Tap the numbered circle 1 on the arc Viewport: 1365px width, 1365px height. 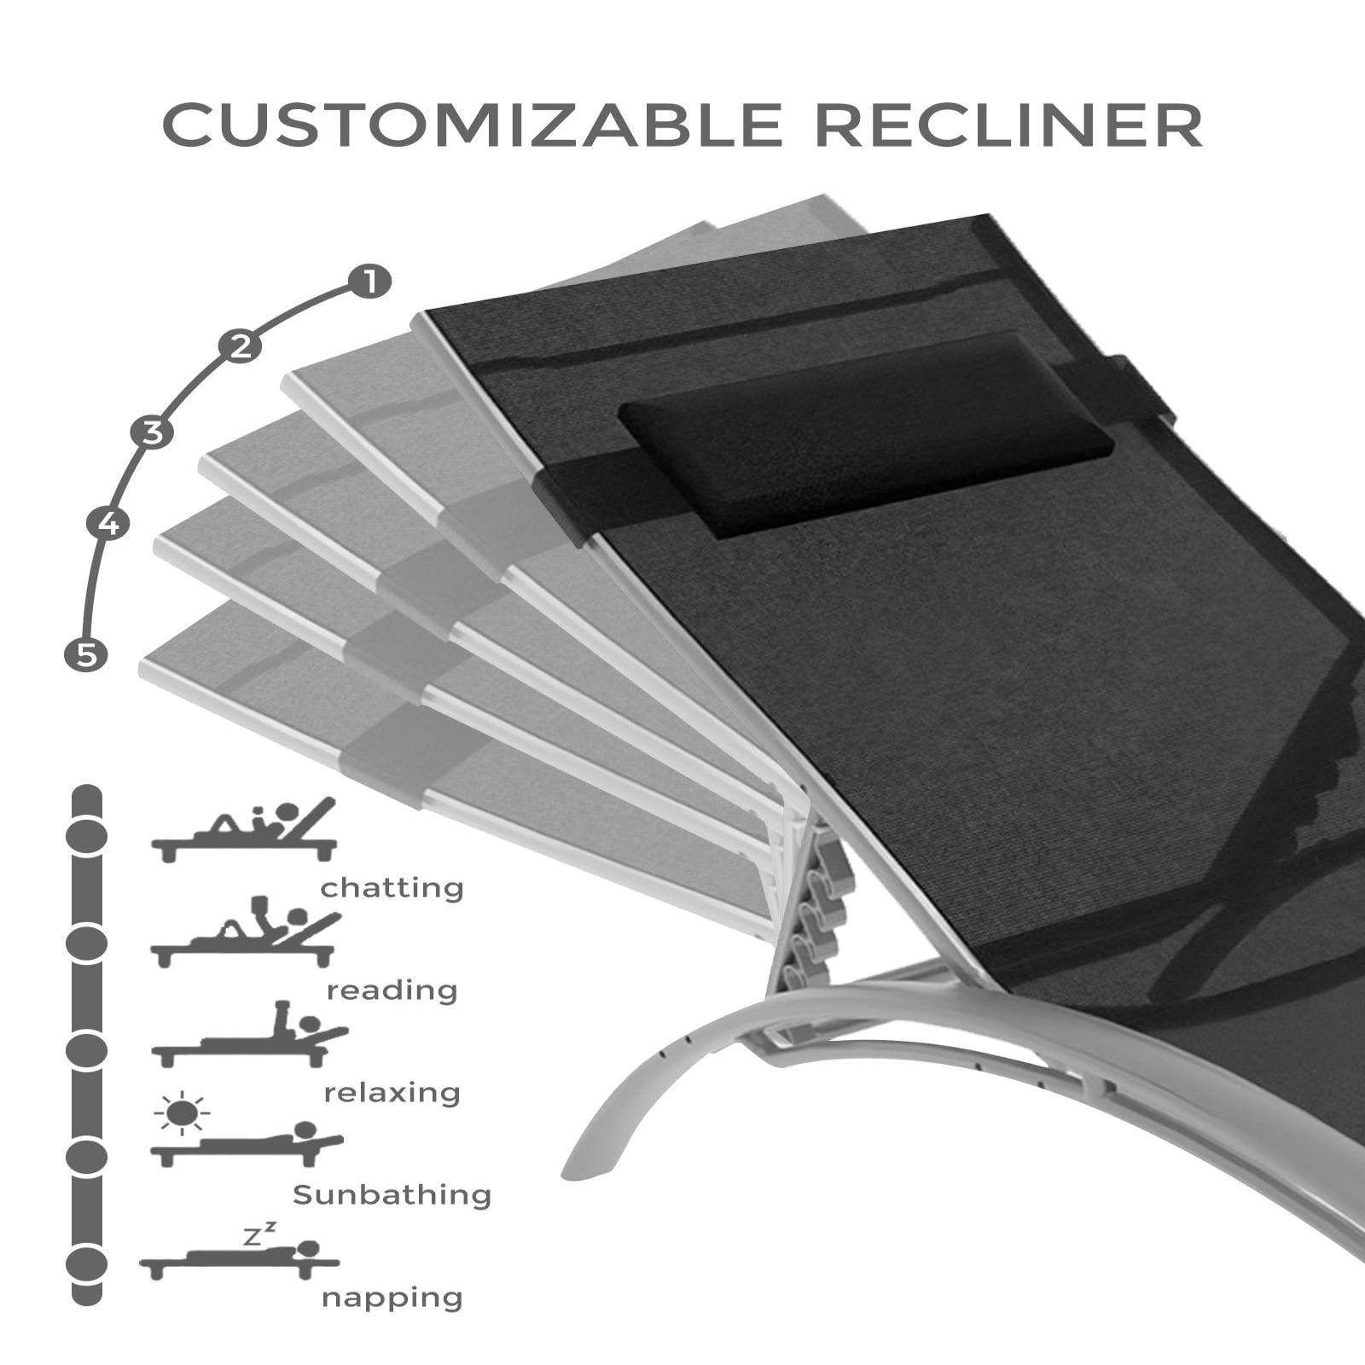(x=369, y=281)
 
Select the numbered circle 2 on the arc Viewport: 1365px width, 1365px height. (x=241, y=346)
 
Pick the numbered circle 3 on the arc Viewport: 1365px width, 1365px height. (x=152, y=433)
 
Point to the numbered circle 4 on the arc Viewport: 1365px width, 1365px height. (x=107, y=522)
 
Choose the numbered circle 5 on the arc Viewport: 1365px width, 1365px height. (x=86, y=654)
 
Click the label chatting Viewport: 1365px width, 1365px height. (x=392, y=888)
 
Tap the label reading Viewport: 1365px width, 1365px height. (x=392, y=990)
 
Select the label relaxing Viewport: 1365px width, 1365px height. (x=392, y=1093)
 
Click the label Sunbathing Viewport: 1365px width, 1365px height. (x=392, y=1194)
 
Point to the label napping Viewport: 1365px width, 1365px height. (x=392, y=1298)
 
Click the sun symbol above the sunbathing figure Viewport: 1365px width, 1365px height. (x=182, y=1112)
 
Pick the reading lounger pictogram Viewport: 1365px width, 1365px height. (x=245, y=934)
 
